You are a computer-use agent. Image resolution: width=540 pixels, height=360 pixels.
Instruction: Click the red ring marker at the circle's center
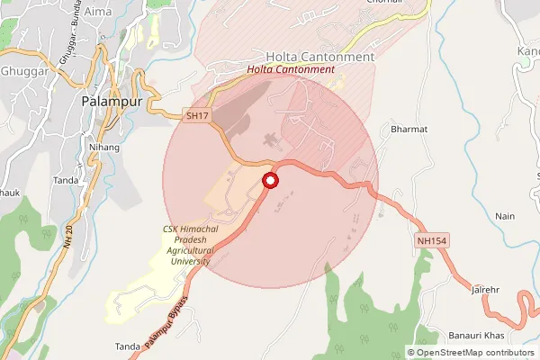[270, 181]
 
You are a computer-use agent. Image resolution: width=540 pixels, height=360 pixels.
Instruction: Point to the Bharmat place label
[409, 130]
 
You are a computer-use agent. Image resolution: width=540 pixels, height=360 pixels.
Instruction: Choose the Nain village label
[505, 217]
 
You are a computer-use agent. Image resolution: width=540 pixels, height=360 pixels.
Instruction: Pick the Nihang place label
[104, 145]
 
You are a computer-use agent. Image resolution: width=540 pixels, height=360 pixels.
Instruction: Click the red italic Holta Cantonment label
[291, 69]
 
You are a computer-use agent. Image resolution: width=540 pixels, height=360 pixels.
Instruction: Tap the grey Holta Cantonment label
[319, 56]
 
